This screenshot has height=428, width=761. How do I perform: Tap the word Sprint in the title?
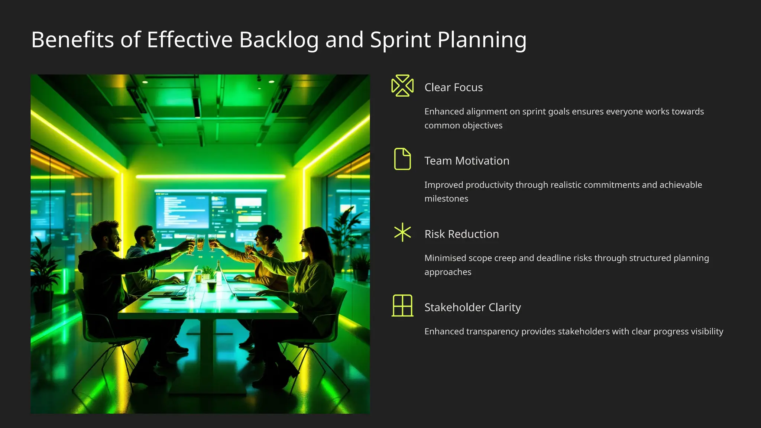pos(400,40)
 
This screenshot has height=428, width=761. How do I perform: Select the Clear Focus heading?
pos(453,87)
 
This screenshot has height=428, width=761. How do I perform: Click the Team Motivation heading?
pos(467,161)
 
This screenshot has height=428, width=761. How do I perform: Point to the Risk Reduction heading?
pos(462,234)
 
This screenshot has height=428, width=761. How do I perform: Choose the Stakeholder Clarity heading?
pos(472,307)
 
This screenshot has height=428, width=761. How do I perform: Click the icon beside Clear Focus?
pos(402,85)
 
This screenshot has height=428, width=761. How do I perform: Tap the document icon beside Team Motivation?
pos(402,159)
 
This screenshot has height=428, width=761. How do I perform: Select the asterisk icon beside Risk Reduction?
pos(402,233)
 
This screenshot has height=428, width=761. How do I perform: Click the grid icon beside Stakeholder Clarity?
pos(402,305)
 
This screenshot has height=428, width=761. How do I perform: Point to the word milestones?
pos(446,199)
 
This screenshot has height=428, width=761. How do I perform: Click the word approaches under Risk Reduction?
pos(448,272)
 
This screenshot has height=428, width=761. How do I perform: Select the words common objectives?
pos(463,126)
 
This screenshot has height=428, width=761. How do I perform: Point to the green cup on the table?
pos(211,286)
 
